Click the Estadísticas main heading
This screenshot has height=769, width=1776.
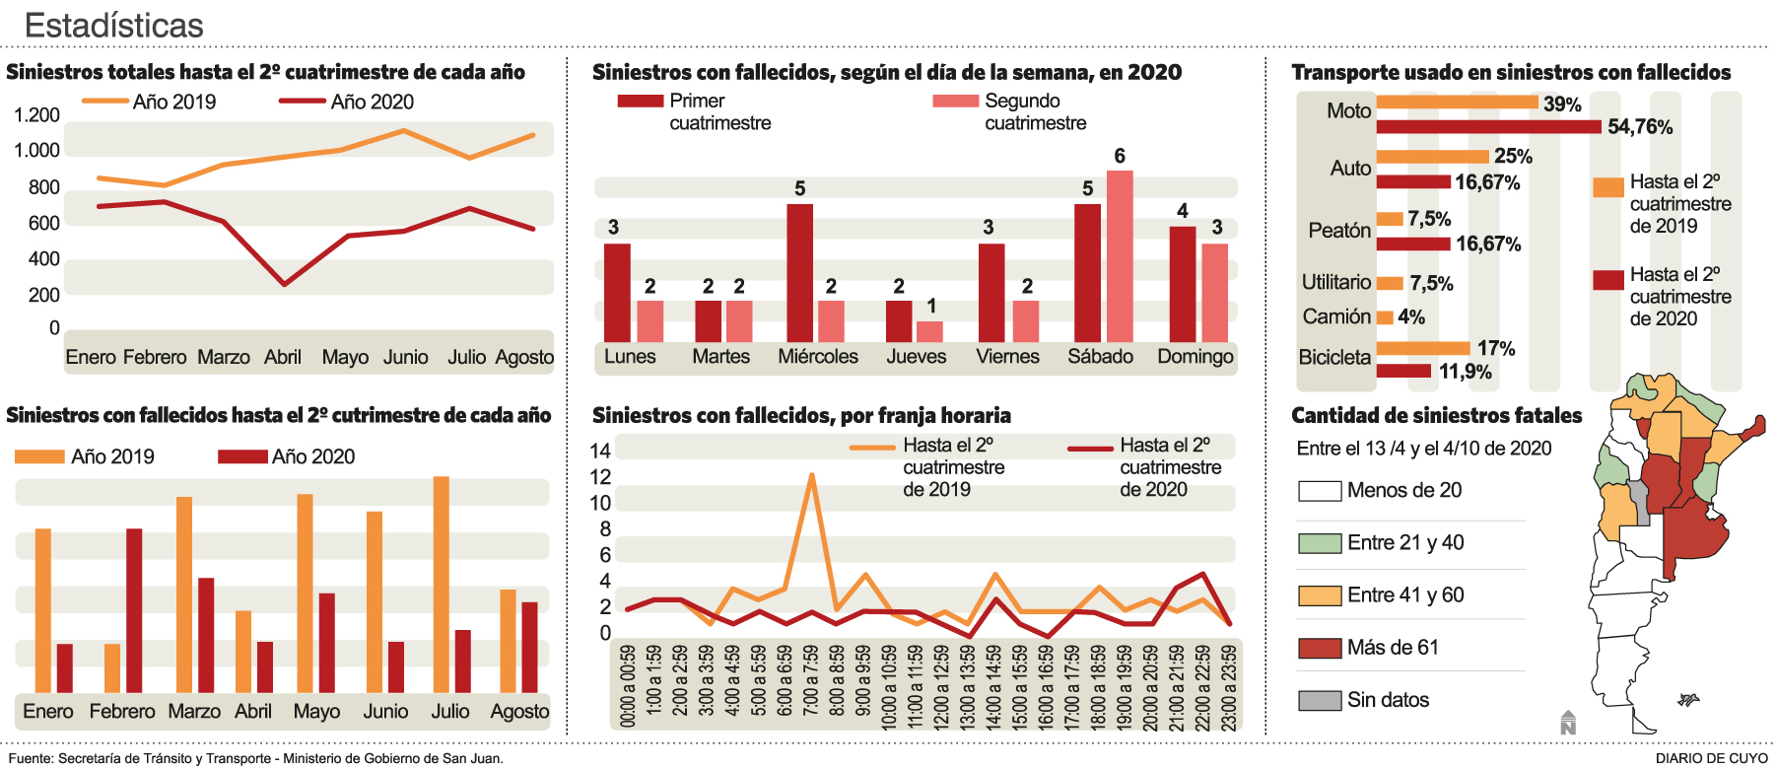(113, 25)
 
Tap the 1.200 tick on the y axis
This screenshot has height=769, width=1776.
(36, 115)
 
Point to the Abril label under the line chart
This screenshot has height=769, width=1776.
(283, 357)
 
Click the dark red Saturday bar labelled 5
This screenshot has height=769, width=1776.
(1087, 273)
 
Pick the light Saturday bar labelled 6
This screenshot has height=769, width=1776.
(1120, 256)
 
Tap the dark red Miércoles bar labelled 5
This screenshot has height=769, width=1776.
(800, 273)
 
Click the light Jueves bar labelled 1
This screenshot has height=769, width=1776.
(929, 331)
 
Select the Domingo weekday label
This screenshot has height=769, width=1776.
(1195, 356)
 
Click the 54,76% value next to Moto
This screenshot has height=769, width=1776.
(1640, 127)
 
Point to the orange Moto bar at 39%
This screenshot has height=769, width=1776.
(1457, 102)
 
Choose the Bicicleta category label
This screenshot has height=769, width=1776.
(1334, 357)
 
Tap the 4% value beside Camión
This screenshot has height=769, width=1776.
(1411, 316)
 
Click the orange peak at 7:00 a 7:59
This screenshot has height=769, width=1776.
(811, 476)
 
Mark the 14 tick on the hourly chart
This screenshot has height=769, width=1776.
(600, 452)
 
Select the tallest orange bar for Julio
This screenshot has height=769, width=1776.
(442, 584)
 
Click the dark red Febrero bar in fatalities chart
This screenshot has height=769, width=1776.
(134, 610)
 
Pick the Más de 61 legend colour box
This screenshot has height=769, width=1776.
(1320, 648)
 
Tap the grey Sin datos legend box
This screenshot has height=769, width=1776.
(1320, 700)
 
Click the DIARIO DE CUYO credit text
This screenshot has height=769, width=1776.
(1711, 758)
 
